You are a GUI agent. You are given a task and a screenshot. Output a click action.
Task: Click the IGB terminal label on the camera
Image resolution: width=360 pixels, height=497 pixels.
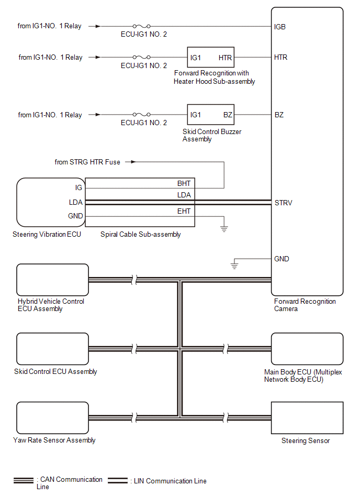click(x=280, y=26)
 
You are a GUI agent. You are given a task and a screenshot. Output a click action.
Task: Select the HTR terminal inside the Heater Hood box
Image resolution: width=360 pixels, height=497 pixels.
click(x=226, y=57)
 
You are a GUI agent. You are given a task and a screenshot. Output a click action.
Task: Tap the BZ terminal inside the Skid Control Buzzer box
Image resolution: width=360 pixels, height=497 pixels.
click(x=228, y=115)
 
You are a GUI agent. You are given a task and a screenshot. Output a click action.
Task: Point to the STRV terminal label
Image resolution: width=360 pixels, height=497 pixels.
click(x=283, y=203)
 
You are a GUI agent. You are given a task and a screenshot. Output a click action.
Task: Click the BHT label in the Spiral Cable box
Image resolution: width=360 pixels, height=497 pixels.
click(x=184, y=183)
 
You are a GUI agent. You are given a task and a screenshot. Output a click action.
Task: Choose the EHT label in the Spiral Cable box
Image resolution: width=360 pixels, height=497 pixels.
click(x=184, y=211)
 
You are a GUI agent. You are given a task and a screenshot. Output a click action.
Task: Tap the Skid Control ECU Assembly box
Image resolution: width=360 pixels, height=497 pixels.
click(x=52, y=349)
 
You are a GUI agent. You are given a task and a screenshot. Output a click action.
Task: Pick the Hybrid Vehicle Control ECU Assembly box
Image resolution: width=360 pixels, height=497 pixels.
click(x=52, y=280)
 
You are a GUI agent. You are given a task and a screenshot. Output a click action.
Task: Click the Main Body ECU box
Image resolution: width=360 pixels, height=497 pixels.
click(x=307, y=349)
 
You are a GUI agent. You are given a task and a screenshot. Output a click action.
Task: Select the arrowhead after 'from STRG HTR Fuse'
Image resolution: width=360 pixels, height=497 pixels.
click(x=134, y=162)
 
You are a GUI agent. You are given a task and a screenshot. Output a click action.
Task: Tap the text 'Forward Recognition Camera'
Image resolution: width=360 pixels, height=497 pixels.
click(x=305, y=305)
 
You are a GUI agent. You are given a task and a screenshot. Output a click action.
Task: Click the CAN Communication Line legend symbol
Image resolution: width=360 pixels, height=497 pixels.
click(x=24, y=480)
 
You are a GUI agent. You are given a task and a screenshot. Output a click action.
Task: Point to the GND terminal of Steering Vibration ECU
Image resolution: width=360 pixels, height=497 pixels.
click(x=75, y=216)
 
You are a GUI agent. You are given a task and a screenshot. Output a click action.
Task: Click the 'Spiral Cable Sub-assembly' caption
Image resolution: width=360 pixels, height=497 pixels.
click(x=140, y=234)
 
